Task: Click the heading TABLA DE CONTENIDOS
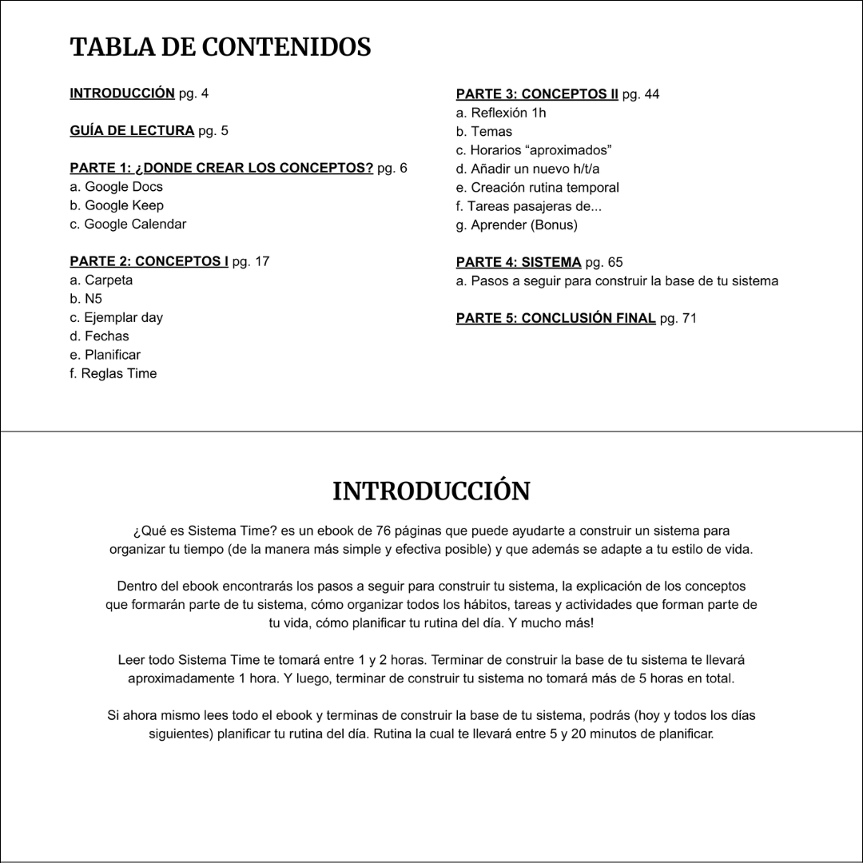coord(221,47)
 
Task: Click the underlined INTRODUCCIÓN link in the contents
coord(122,93)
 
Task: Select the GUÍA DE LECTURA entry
coord(132,131)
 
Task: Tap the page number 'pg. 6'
coord(392,168)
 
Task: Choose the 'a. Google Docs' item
coord(117,187)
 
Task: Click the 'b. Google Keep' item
coord(117,205)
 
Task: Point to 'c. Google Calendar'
coord(128,225)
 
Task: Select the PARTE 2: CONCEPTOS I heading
coord(149,261)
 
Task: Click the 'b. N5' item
coord(86,299)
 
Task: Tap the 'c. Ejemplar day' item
coord(117,317)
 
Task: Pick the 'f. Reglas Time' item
coord(113,373)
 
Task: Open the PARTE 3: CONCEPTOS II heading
coord(537,94)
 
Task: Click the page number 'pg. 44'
coord(641,94)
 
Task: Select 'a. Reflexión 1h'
coord(501,113)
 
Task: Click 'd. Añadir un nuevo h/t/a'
coord(527,169)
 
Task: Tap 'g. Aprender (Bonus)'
coord(516,225)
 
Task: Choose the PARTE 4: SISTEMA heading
coord(519,262)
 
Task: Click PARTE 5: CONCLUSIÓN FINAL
coord(555,318)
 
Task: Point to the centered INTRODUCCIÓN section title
coord(431,491)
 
